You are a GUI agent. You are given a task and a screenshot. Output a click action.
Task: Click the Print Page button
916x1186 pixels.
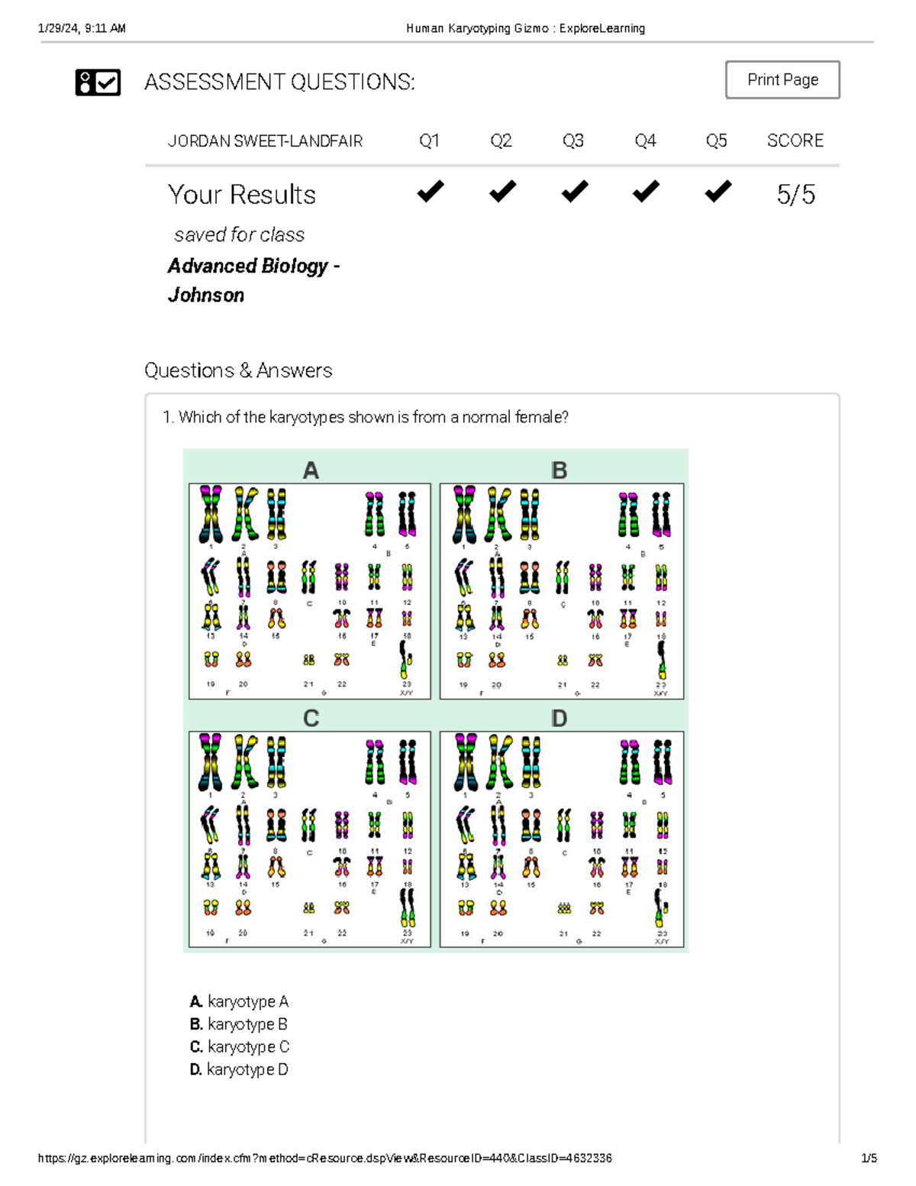[782, 79]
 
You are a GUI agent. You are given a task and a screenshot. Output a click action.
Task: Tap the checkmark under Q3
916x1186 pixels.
[574, 191]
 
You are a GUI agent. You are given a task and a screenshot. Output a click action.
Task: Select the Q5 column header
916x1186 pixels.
[716, 141]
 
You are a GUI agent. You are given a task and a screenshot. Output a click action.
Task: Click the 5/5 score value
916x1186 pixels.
[795, 194]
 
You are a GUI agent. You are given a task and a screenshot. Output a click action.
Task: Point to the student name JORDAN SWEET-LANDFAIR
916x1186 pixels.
[265, 141]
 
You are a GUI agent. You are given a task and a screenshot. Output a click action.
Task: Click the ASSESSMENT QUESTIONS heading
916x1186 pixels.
[279, 82]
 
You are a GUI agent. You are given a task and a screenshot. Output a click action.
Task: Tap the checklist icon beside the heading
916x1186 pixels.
[98, 82]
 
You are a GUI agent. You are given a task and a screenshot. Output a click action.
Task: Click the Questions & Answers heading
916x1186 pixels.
[238, 370]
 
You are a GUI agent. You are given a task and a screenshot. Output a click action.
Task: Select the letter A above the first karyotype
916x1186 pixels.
[310, 470]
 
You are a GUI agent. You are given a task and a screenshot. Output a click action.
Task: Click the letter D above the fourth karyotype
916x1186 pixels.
[559, 719]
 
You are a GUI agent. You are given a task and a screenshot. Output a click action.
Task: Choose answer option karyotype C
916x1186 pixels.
[240, 1046]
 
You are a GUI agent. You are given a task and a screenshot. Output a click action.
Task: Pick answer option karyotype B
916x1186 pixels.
[239, 1024]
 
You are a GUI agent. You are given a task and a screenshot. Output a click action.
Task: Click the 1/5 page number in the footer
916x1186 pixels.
[869, 1158]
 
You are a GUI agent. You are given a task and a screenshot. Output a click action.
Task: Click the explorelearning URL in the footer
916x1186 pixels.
[324, 1158]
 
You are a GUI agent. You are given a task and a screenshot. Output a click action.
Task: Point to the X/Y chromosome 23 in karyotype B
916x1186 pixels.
[661, 660]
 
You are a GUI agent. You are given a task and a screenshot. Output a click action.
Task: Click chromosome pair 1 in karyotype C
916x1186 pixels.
[210, 762]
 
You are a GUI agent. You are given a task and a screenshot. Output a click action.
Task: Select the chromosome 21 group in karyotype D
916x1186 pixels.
[563, 908]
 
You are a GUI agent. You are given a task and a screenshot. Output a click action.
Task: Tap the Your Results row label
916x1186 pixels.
[241, 195]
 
